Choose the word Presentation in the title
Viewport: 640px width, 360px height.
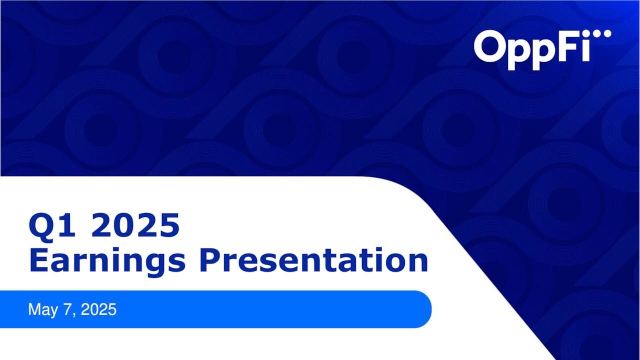(314, 260)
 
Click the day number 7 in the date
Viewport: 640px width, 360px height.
(68, 309)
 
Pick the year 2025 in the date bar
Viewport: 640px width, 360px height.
(99, 309)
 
